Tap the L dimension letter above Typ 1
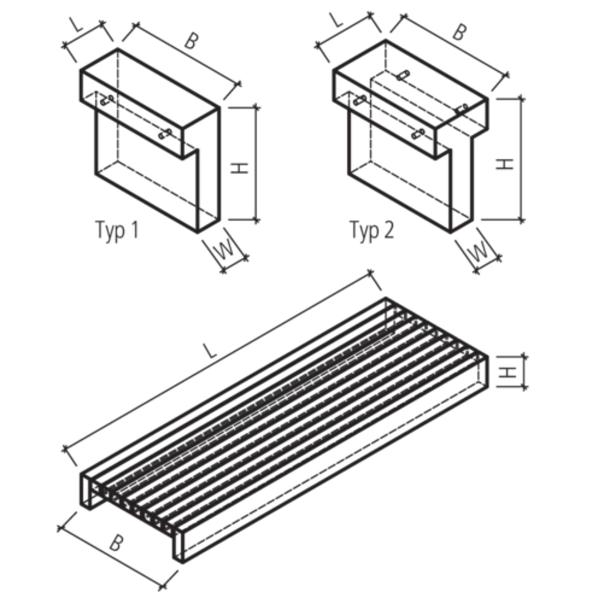pyautogui.click(x=76, y=25)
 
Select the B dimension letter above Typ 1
pyautogui.click(x=191, y=41)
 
